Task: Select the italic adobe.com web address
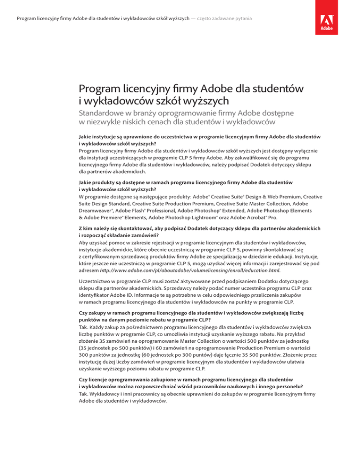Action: (x=189, y=257)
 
